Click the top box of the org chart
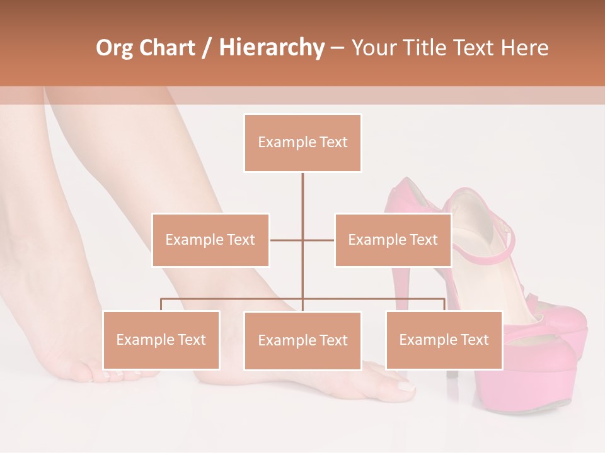click(x=302, y=143)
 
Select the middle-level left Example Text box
click(x=210, y=240)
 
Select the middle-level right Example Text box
click(x=393, y=240)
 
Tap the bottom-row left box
click(x=161, y=340)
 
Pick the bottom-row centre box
click(x=302, y=340)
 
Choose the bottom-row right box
click(x=444, y=340)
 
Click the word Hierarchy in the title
click(x=272, y=48)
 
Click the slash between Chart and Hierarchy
click(x=206, y=48)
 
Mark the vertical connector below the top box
click(x=302, y=195)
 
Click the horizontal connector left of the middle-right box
click(x=319, y=240)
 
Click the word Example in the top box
click(x=280, y=143)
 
